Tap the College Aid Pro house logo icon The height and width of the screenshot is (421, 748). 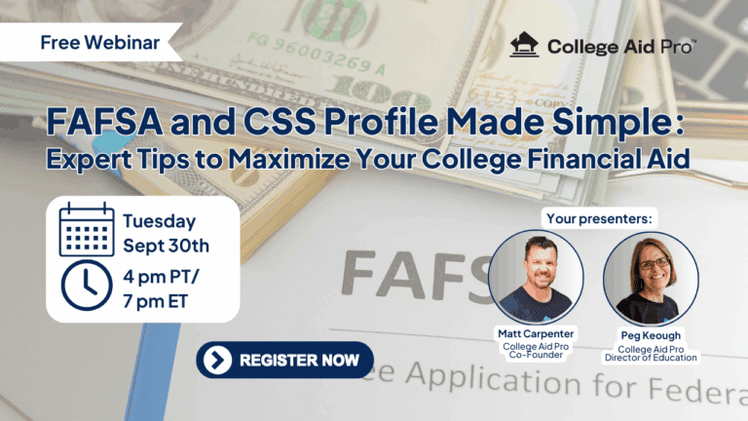525,46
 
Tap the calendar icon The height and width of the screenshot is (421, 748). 87,230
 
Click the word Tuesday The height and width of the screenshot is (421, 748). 159,221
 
